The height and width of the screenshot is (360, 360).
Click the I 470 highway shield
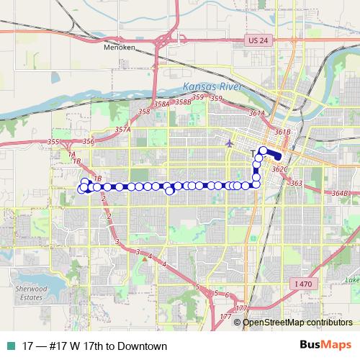pos(303,284)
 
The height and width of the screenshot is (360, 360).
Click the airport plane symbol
pos(230,143)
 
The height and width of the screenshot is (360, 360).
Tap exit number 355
pos(53,143)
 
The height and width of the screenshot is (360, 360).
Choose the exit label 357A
pos(122,130)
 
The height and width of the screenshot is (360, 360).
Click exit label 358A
pos(161,104)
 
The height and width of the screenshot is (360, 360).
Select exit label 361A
pos(257,114)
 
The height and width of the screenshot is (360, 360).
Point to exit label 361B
pos(282,132)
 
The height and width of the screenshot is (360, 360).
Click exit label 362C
pos(280,169)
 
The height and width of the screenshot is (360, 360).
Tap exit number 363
pos(297,184)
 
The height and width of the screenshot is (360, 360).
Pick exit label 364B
pos(340,194)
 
